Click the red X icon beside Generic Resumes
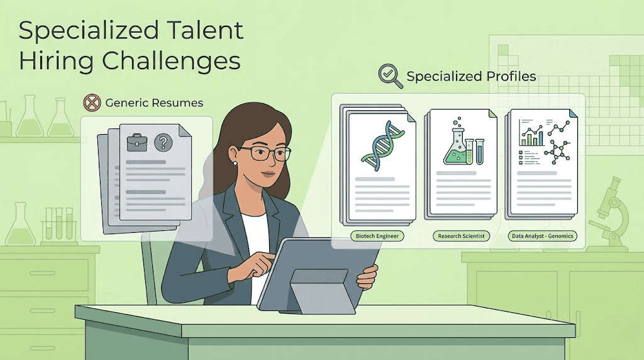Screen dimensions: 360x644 [x=92, y=102]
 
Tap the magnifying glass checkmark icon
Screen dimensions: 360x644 [x=389, y=76]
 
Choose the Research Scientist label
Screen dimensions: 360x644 [x=461, y=237]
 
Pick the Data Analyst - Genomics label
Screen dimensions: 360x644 [x=542, y=237]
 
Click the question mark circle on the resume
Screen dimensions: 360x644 [x=163, y=143]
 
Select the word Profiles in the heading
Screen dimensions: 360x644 [x=510, y=76]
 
